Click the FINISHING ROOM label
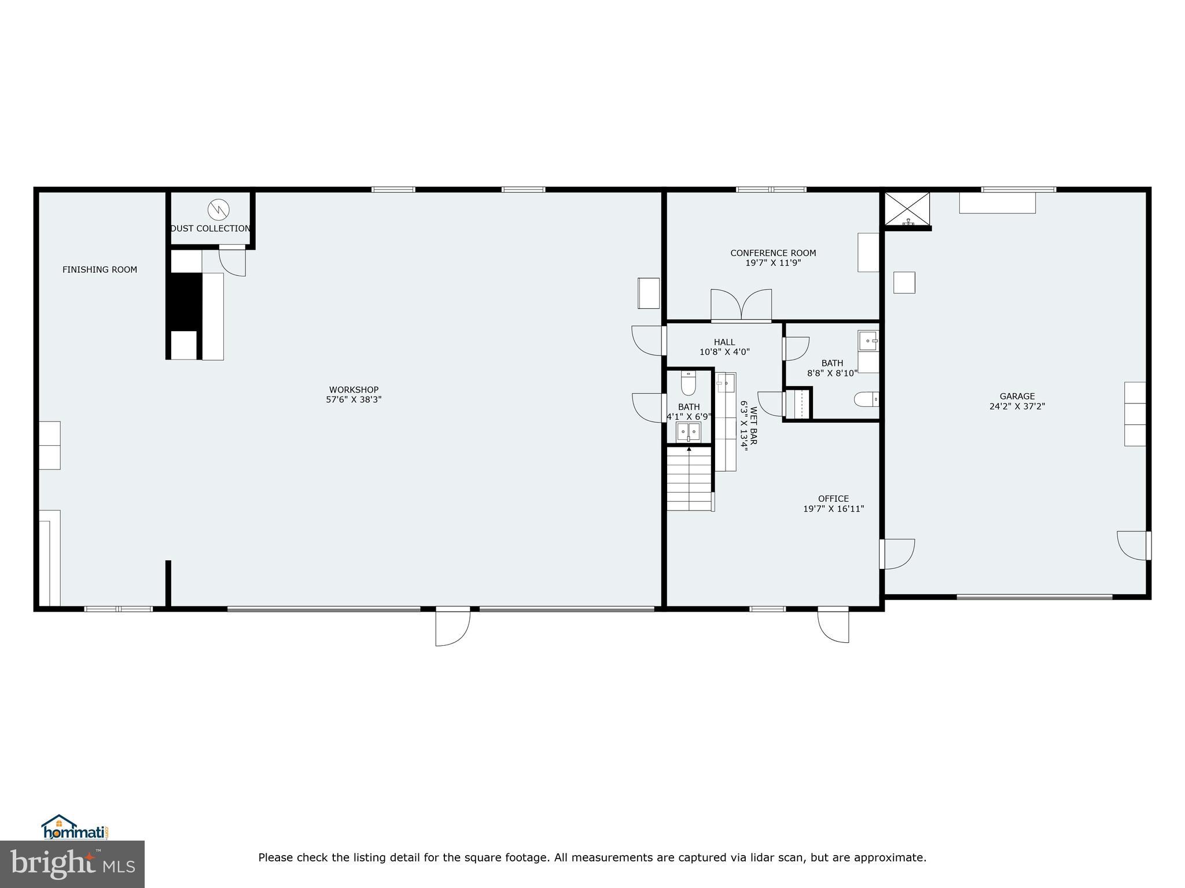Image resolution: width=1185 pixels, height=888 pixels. coord(100,269)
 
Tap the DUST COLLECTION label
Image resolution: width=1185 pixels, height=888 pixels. coord(211,228)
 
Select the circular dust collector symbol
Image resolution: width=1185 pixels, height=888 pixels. coord(219,209)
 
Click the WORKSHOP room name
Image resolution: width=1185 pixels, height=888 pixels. coord(354,390)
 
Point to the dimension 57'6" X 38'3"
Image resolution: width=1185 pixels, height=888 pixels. coord(354,399)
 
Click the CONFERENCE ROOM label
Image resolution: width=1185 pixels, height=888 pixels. coord(773,253)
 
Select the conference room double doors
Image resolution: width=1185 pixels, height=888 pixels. coord(741,305)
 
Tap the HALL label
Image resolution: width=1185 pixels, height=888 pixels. coord(724,342)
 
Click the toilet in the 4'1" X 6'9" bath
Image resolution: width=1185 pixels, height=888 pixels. coord(688,383)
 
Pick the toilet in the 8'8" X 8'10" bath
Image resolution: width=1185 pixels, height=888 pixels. coord(866,399)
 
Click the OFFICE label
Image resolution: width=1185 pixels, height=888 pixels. coord(833,498)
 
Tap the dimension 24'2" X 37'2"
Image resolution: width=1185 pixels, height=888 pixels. coord(1017,406)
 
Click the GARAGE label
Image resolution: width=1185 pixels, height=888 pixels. coord(1017,396)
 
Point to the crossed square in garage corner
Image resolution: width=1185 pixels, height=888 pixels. coord(907,209)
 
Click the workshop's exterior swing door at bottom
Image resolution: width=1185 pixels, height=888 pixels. coord(452,627)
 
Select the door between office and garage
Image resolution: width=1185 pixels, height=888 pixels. coord(896,554)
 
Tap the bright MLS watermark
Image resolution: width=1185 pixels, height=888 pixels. coord(72,864)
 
